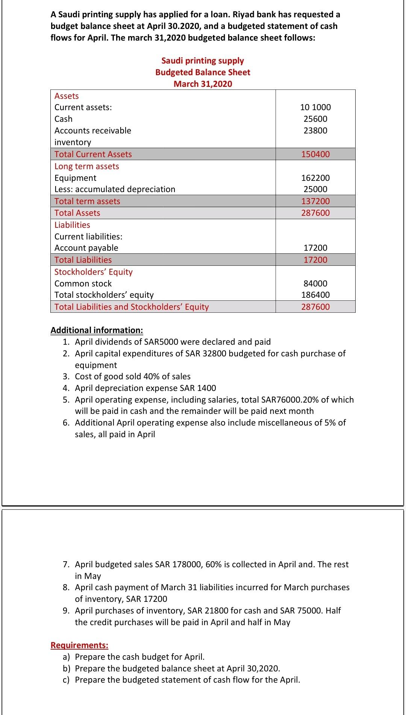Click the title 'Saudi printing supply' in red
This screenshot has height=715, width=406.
(203, 61)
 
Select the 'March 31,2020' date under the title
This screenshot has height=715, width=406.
(203, 84)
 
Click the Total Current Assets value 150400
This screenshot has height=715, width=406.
(315, 154)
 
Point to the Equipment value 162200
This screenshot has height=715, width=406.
(315, 178)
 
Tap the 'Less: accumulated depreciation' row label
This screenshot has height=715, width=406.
(115, 189)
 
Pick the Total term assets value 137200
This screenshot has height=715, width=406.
(315, 201)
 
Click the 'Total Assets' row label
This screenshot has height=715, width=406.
(77, 213)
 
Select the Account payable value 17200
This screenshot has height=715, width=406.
(315, 248)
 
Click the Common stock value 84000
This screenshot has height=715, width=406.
(315, 283)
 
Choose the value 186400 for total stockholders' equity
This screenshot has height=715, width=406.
(315, 295)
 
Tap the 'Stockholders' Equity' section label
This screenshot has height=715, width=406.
(94, 272)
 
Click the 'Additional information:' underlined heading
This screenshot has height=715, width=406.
(97, 330)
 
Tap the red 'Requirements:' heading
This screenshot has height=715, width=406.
(79, 645)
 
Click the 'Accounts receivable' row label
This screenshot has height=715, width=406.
(93, 130)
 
